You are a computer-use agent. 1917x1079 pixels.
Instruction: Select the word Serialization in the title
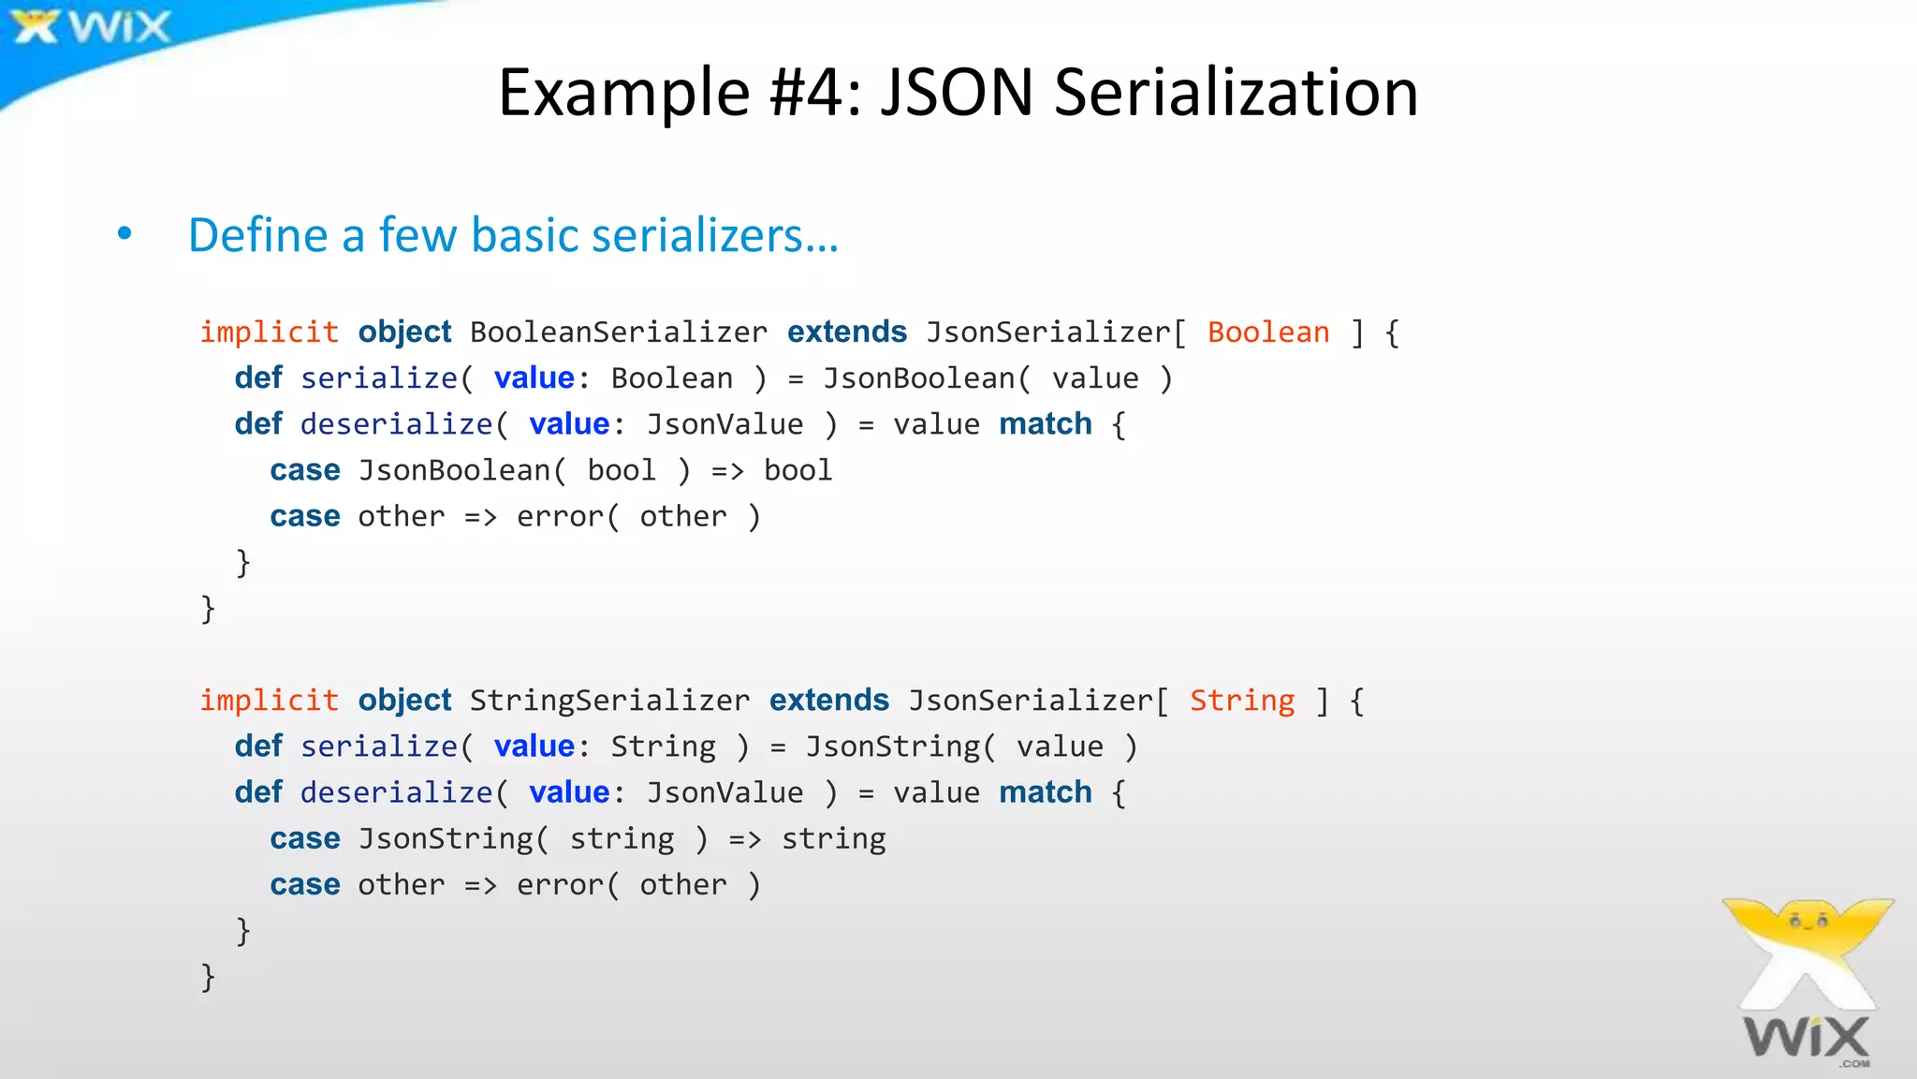pyautogui.click(x=1236, y=93)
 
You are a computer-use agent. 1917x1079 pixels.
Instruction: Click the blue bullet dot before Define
pyautogui.click(x=124, y=234)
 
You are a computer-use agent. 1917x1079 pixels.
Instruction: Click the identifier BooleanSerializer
pyautogui.click(x=618, y=333)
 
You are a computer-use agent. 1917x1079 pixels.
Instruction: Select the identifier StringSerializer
pyautogui.click(x=609, y=701)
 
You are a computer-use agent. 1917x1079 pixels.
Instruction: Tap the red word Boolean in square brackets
pyautogui.click(x=1268, y=333)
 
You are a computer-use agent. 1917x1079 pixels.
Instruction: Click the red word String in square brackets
pyautogui.click(x=1242, y=701)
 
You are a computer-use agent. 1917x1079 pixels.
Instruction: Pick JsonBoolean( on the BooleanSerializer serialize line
pyautogui.click(x=926, y=378)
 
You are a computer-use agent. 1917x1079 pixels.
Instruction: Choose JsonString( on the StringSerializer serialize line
pyautogui.click(x=900, y=746)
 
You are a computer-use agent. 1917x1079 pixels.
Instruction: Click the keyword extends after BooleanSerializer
pyautogui.click(x=847, y=333)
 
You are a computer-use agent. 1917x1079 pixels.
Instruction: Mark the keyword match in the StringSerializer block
pyautogui.click(x=1045, y=792)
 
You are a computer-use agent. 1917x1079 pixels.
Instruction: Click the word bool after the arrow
pyautogui.click(x=798, y=470)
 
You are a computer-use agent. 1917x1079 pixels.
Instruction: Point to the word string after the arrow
pyautogui.click(x=833, y=838)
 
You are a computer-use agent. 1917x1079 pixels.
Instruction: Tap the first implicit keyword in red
pyautogui.click(x=269, y=333)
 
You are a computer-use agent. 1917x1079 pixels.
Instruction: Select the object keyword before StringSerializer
pyautogui.click(x=404, y=701)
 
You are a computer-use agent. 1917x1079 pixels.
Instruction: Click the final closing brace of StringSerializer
pyautogui.click(x=208, y=977)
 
